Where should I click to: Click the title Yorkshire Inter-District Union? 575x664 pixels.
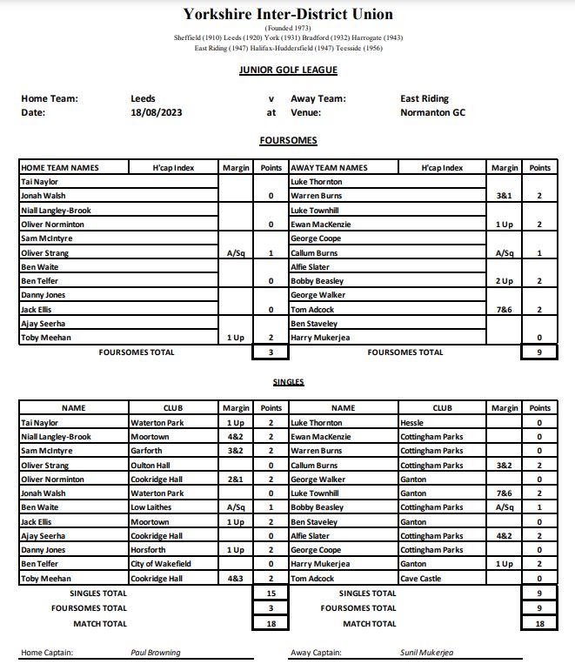288,14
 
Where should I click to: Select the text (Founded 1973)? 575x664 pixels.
288,29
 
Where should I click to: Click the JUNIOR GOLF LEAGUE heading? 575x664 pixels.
288,70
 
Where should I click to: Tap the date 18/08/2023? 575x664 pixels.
157,112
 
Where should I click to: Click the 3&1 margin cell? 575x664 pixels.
504,196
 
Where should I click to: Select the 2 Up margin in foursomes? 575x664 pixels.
504,281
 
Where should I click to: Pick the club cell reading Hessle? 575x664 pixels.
412,422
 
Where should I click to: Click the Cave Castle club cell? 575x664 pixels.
420,578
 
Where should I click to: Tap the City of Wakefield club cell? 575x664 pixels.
162,564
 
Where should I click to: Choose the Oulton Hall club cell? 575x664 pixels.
150,465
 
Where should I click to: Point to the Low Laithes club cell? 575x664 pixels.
152,507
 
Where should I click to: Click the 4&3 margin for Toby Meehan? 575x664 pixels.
235,578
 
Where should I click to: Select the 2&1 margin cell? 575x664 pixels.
235,479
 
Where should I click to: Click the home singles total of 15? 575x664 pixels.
271,594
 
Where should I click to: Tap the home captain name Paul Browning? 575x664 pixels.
156,653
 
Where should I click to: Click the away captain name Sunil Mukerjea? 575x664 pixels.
426,653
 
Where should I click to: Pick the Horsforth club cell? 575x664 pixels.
149,550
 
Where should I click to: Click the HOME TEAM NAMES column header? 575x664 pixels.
60,168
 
